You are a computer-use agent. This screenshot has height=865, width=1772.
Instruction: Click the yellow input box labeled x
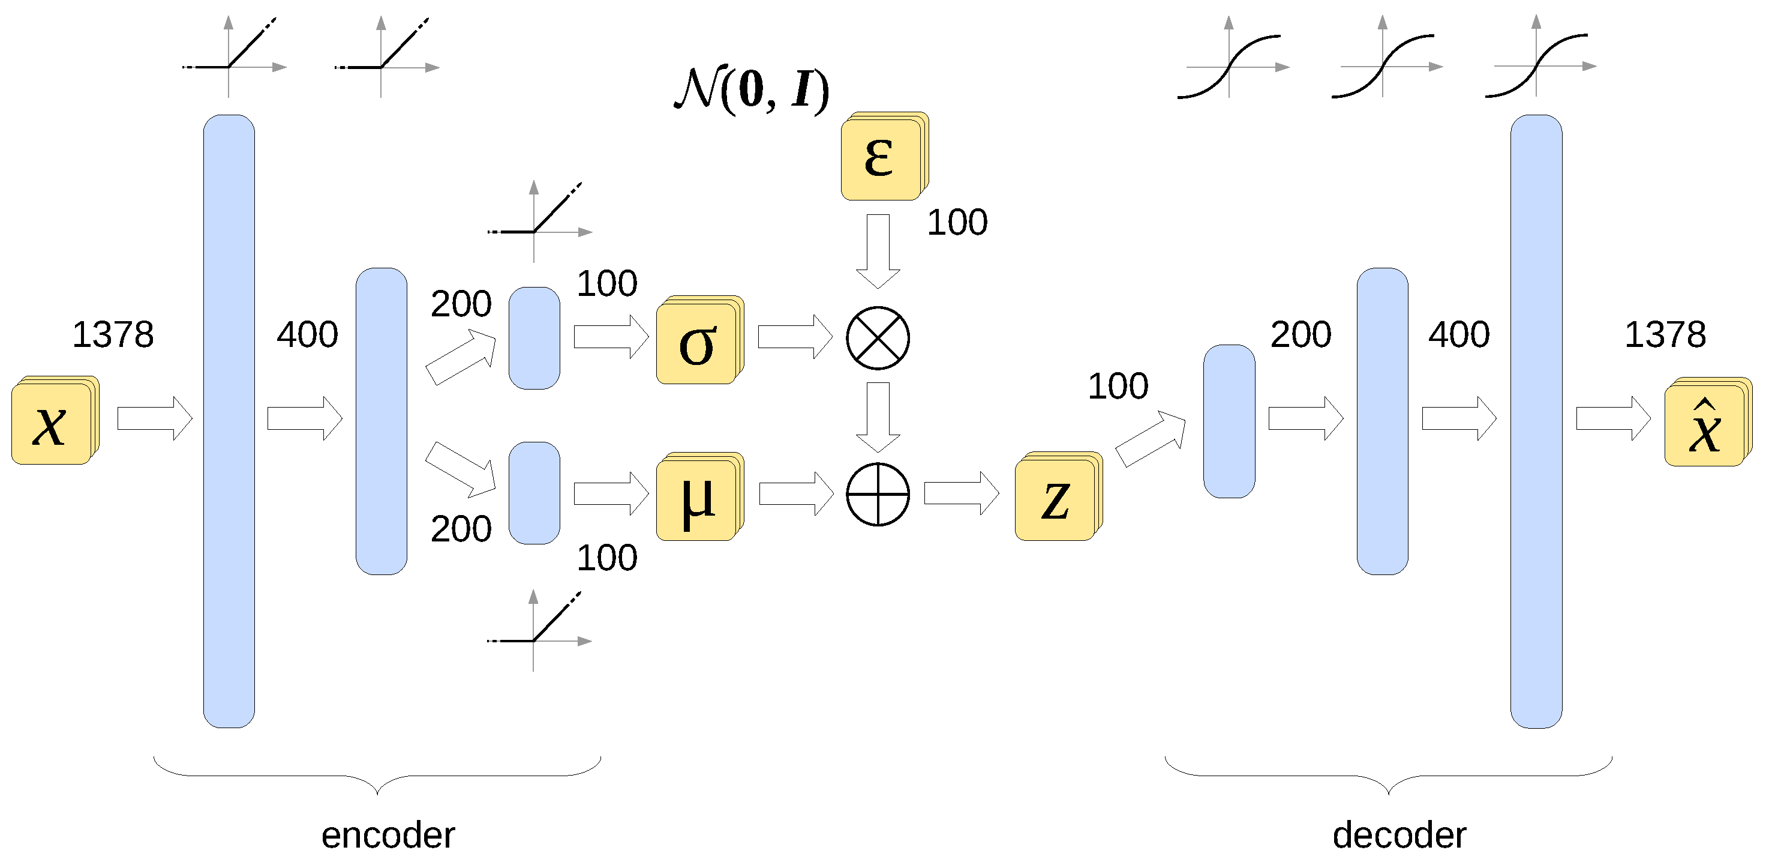click(x=52, y=423)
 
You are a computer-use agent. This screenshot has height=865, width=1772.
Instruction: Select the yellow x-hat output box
click(x=1705, y=424)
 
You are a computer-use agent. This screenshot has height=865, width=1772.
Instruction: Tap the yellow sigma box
click(x=697, y=342)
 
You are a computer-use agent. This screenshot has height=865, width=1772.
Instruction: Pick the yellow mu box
click(x=697, y=499)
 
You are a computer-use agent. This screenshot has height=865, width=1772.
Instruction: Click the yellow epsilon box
click(x=881, y=159)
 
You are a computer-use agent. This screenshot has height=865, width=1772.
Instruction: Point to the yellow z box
click(x=1055, y=499)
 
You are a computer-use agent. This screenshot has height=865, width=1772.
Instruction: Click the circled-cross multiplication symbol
click(x=878, y=338)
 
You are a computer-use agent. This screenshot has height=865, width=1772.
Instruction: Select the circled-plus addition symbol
click(x=878, y=494)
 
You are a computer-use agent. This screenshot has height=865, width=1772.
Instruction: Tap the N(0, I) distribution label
click(x=751, y=89)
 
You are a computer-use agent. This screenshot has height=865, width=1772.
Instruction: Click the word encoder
click(x=388, y=835)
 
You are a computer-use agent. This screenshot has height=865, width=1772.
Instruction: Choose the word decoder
click(x=1399, y=835)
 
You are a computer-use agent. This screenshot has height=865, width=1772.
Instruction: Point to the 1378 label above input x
click(x=113, y=334)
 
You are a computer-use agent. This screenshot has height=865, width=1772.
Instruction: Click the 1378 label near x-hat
click(x=1665, y=334)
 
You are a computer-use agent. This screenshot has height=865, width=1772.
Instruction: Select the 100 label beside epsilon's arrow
click(x=957, y=222)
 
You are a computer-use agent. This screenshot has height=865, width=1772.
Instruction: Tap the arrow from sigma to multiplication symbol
click(x=794, y=337)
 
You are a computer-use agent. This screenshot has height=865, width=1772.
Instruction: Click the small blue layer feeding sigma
click(x=534, y=338)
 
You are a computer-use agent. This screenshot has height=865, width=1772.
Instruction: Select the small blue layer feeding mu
click(x=534, y=493)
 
